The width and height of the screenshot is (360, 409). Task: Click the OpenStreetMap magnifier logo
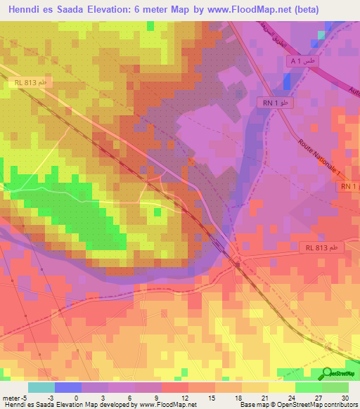[328, 374]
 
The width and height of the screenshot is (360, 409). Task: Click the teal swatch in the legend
[41, 387]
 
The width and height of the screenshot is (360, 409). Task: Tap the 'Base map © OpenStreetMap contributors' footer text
[298, 405]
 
